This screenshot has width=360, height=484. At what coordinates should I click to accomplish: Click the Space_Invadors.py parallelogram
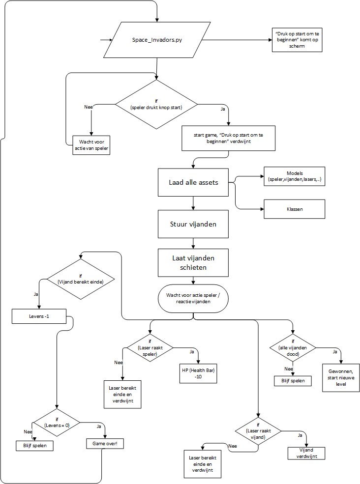point(157,40)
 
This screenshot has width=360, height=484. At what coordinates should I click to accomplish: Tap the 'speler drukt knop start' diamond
point(156,104)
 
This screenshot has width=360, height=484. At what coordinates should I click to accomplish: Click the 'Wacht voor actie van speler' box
point(91,144)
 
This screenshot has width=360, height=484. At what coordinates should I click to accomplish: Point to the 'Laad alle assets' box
point(193,182)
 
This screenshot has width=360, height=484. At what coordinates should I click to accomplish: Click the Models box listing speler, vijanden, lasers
point(294,177)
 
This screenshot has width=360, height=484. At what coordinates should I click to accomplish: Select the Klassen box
point(294,209)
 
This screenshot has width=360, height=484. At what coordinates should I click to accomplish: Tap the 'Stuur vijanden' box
point(193,224)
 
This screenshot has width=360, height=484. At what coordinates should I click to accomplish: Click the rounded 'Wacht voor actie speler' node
point(193,298)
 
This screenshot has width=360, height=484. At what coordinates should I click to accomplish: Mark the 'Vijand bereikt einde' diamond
point(81,279)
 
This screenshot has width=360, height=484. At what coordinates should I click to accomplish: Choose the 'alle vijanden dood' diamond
point(293,348)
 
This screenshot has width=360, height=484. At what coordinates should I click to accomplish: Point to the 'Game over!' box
point(105,443)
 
